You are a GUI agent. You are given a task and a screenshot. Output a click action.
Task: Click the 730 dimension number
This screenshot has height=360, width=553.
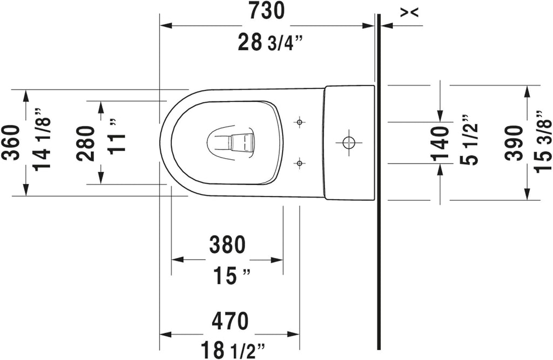coord(266,11)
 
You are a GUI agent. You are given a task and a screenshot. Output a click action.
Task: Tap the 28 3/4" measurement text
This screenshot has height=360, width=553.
coord(271,42)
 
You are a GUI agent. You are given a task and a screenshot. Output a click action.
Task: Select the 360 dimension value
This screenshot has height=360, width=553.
coord(11,142)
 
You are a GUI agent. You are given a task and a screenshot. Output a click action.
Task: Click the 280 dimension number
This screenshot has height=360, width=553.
coord(86,143)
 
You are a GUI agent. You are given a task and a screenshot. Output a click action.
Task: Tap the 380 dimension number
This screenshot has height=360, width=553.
coord(227,244)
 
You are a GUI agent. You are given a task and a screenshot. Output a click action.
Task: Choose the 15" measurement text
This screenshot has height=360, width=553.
coord(231,276)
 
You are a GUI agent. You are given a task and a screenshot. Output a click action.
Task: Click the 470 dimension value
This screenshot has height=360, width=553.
coord(230,321)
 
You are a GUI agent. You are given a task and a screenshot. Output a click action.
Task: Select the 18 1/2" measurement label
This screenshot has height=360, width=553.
coord(233,350)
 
